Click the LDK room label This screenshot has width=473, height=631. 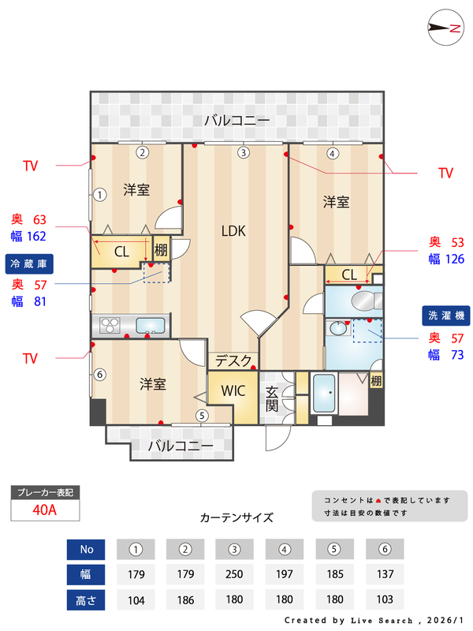(x=233, y=231)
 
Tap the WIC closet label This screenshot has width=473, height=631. (x=233, y=390)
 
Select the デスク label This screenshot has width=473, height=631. (x=234, y=361)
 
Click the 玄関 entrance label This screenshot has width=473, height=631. (x=272, y=398)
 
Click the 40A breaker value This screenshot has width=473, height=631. (x=45, y=510)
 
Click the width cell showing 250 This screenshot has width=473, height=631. (x=235, y=574)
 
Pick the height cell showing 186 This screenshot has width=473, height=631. (x=186, y=599)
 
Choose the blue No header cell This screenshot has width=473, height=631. (x=87, y=549)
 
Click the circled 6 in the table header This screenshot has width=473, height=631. (x=385, y=549)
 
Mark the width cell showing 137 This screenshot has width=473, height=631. (x=385, y=574)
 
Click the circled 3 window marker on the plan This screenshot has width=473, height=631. (x=244, y=152)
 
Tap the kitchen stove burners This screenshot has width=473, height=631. (x=109, y=324)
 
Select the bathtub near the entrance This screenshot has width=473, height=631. (x=323, y=392)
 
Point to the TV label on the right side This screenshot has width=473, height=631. (x=445, y=173)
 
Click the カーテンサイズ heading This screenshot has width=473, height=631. (x=236, y=518)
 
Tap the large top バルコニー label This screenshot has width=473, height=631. (x=236, y=121)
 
